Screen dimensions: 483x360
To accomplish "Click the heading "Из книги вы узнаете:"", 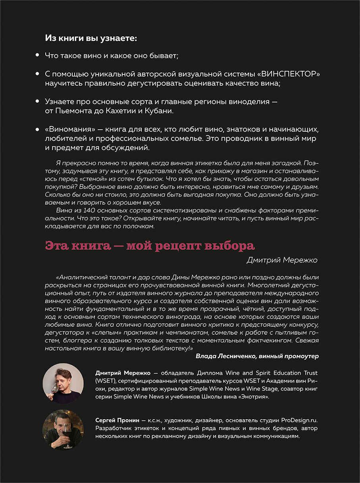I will pyautogui.click(x=91, y=38).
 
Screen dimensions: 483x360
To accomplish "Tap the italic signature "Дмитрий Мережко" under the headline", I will pyautogui.click(x=282, y=261).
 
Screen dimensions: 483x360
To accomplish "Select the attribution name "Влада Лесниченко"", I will pyautogui.click(x=225, y=356).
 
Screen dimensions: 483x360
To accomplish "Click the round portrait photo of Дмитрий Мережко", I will pyautogui.click(x=63, y=383).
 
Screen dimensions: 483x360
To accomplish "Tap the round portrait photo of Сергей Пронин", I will pyautogui.click(x=63, y=429).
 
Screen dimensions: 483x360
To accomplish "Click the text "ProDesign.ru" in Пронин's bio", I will pyautogui.click(x=299, y=420).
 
